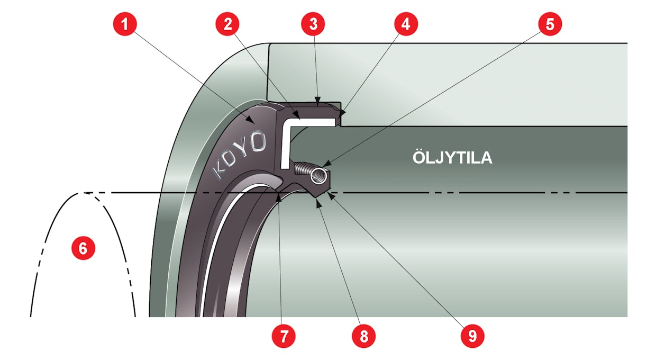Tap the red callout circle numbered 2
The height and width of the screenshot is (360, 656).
point(228,24)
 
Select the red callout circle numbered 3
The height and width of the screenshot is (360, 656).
point(313,24)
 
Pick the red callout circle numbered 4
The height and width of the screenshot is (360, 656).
point(406,24)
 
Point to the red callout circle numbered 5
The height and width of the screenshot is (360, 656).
point(550,24)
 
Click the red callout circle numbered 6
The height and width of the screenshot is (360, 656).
point(83,248)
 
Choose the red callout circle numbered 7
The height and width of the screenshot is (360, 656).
point(284,335)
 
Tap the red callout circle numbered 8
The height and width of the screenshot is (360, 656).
point(364,335)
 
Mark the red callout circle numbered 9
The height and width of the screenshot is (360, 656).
point(472,335)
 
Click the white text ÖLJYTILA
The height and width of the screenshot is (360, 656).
point(452,158)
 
